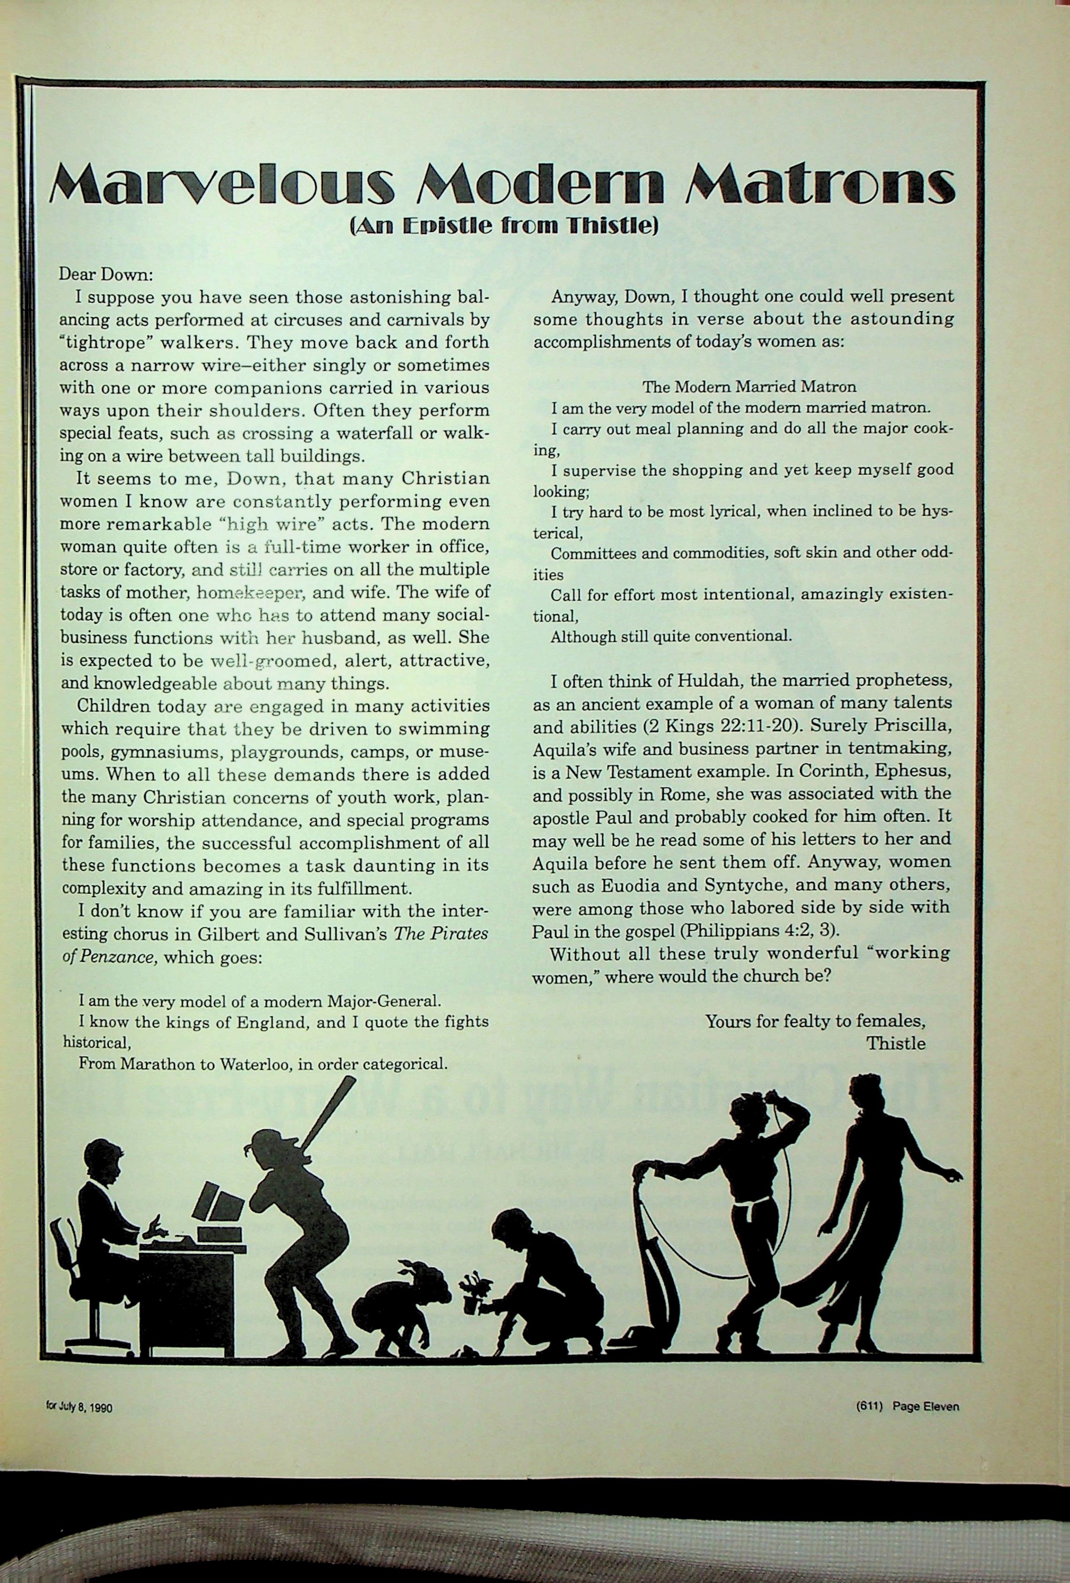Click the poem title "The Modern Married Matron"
tap(749, 387)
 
